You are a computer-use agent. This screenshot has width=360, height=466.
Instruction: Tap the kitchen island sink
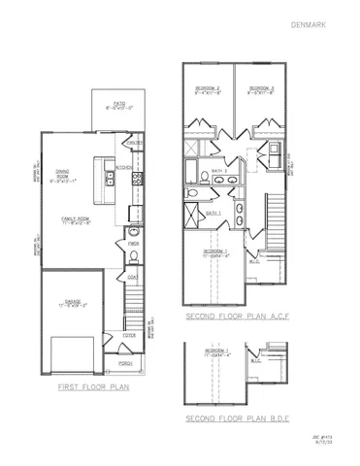point(105,176)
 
